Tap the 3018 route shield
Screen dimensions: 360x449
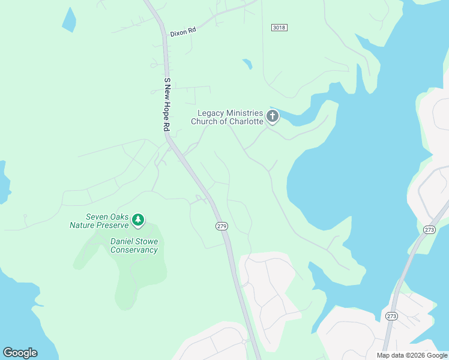point(279,28)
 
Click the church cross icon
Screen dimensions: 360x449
point(273,116)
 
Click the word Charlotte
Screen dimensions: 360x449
point(245,122)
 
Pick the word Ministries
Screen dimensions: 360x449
point(245,113)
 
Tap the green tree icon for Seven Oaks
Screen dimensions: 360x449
point(138,220)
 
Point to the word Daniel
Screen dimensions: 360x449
point(122,242)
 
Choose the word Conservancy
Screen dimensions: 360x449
point(134,250)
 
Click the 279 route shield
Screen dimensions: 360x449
point(221,226)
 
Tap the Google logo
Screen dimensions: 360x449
point(20,353)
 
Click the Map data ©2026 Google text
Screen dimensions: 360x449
point(412,355)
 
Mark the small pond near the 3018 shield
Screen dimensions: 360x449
point(247,63)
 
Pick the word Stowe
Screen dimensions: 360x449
point(148,242)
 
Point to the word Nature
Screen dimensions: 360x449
point(83,226)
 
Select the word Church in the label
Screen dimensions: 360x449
point(205,122)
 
